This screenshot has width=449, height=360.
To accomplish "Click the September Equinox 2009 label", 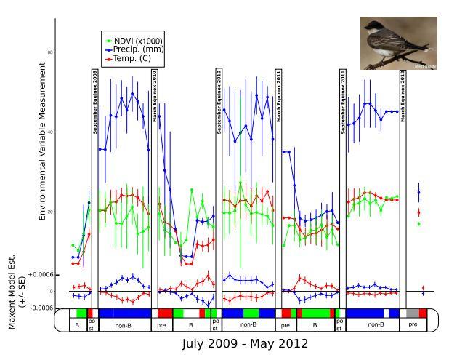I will pyautogui.click(x=94, y=101).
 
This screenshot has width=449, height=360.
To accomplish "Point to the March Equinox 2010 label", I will pyautogui.click(x=155, y=95).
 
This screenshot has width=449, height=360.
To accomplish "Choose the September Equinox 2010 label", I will pyautogui.click(x=219, y=101).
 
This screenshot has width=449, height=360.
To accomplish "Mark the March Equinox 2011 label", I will pyautogui.click(x=279, y=95).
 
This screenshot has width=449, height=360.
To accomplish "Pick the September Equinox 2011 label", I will pyautogui.click(x=343, y=101).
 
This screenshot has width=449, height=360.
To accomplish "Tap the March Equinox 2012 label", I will pyautogui.click(x=403, y=95).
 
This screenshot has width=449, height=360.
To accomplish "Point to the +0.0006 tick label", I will pyautogui.click(x=40, y=274).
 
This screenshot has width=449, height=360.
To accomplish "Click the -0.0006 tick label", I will pyautogui.click(x=40, y=308).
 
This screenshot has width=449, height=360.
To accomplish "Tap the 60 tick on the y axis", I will pyautogui.click(x=50, y=52).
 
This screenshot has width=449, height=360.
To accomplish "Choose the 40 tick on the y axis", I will pyautogui.click(x=50, y=132).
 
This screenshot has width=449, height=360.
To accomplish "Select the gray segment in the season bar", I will pyautogui.click(x=412, y=313).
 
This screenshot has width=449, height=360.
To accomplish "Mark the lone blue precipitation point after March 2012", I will pyautogui.click(x=419, y=193).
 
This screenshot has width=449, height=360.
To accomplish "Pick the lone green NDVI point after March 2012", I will pyautogui.click(x=419, y=223).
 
